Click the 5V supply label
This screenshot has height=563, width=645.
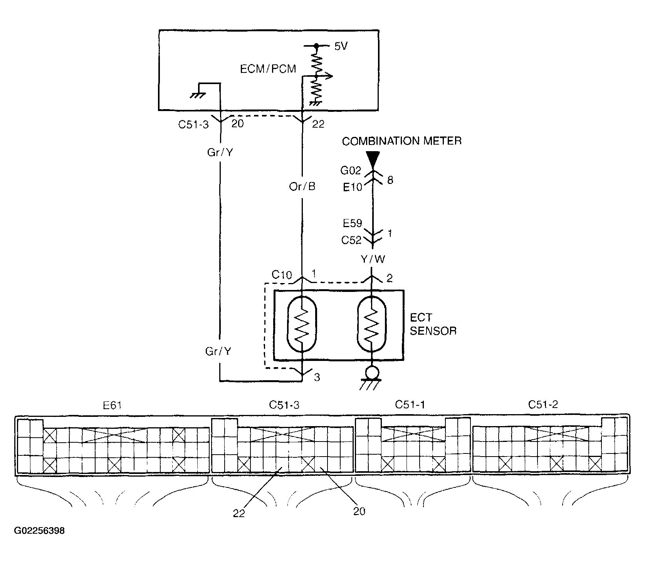coord(341,47)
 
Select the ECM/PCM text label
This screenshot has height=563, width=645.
coord(268,69)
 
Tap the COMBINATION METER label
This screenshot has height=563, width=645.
coord(401,141)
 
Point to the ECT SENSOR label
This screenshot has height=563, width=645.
coord(433,324)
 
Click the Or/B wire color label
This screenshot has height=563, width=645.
coord(302,187)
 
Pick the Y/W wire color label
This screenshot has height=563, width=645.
coord(373,259)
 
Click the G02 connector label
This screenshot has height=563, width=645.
coord(351,170)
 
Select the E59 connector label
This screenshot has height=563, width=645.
coord(353,223)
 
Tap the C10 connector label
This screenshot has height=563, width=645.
coord(282,275)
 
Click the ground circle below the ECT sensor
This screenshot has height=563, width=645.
coord(372,373)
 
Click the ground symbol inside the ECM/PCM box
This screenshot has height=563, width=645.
coord(197,95)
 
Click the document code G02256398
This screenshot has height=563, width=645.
coord(39,531)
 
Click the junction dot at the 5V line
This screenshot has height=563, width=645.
coord(316,46)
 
